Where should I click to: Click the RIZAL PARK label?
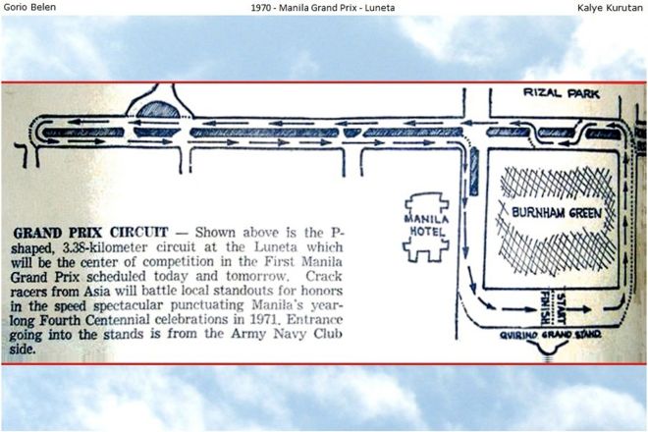coord(555,94)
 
